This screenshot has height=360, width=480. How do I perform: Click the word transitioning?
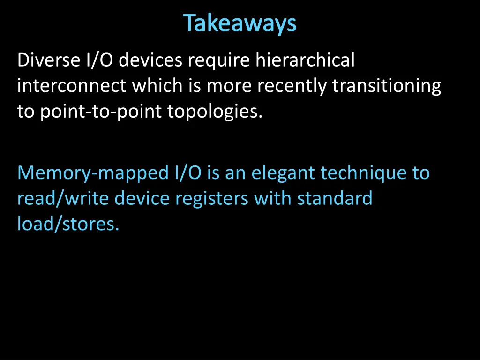(387, 86)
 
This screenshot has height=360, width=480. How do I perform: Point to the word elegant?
(283, 173)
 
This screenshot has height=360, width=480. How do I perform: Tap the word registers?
(212, 199)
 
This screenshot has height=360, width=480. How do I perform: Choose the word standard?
(335, 199)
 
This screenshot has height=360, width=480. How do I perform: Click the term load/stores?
(68, 224)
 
